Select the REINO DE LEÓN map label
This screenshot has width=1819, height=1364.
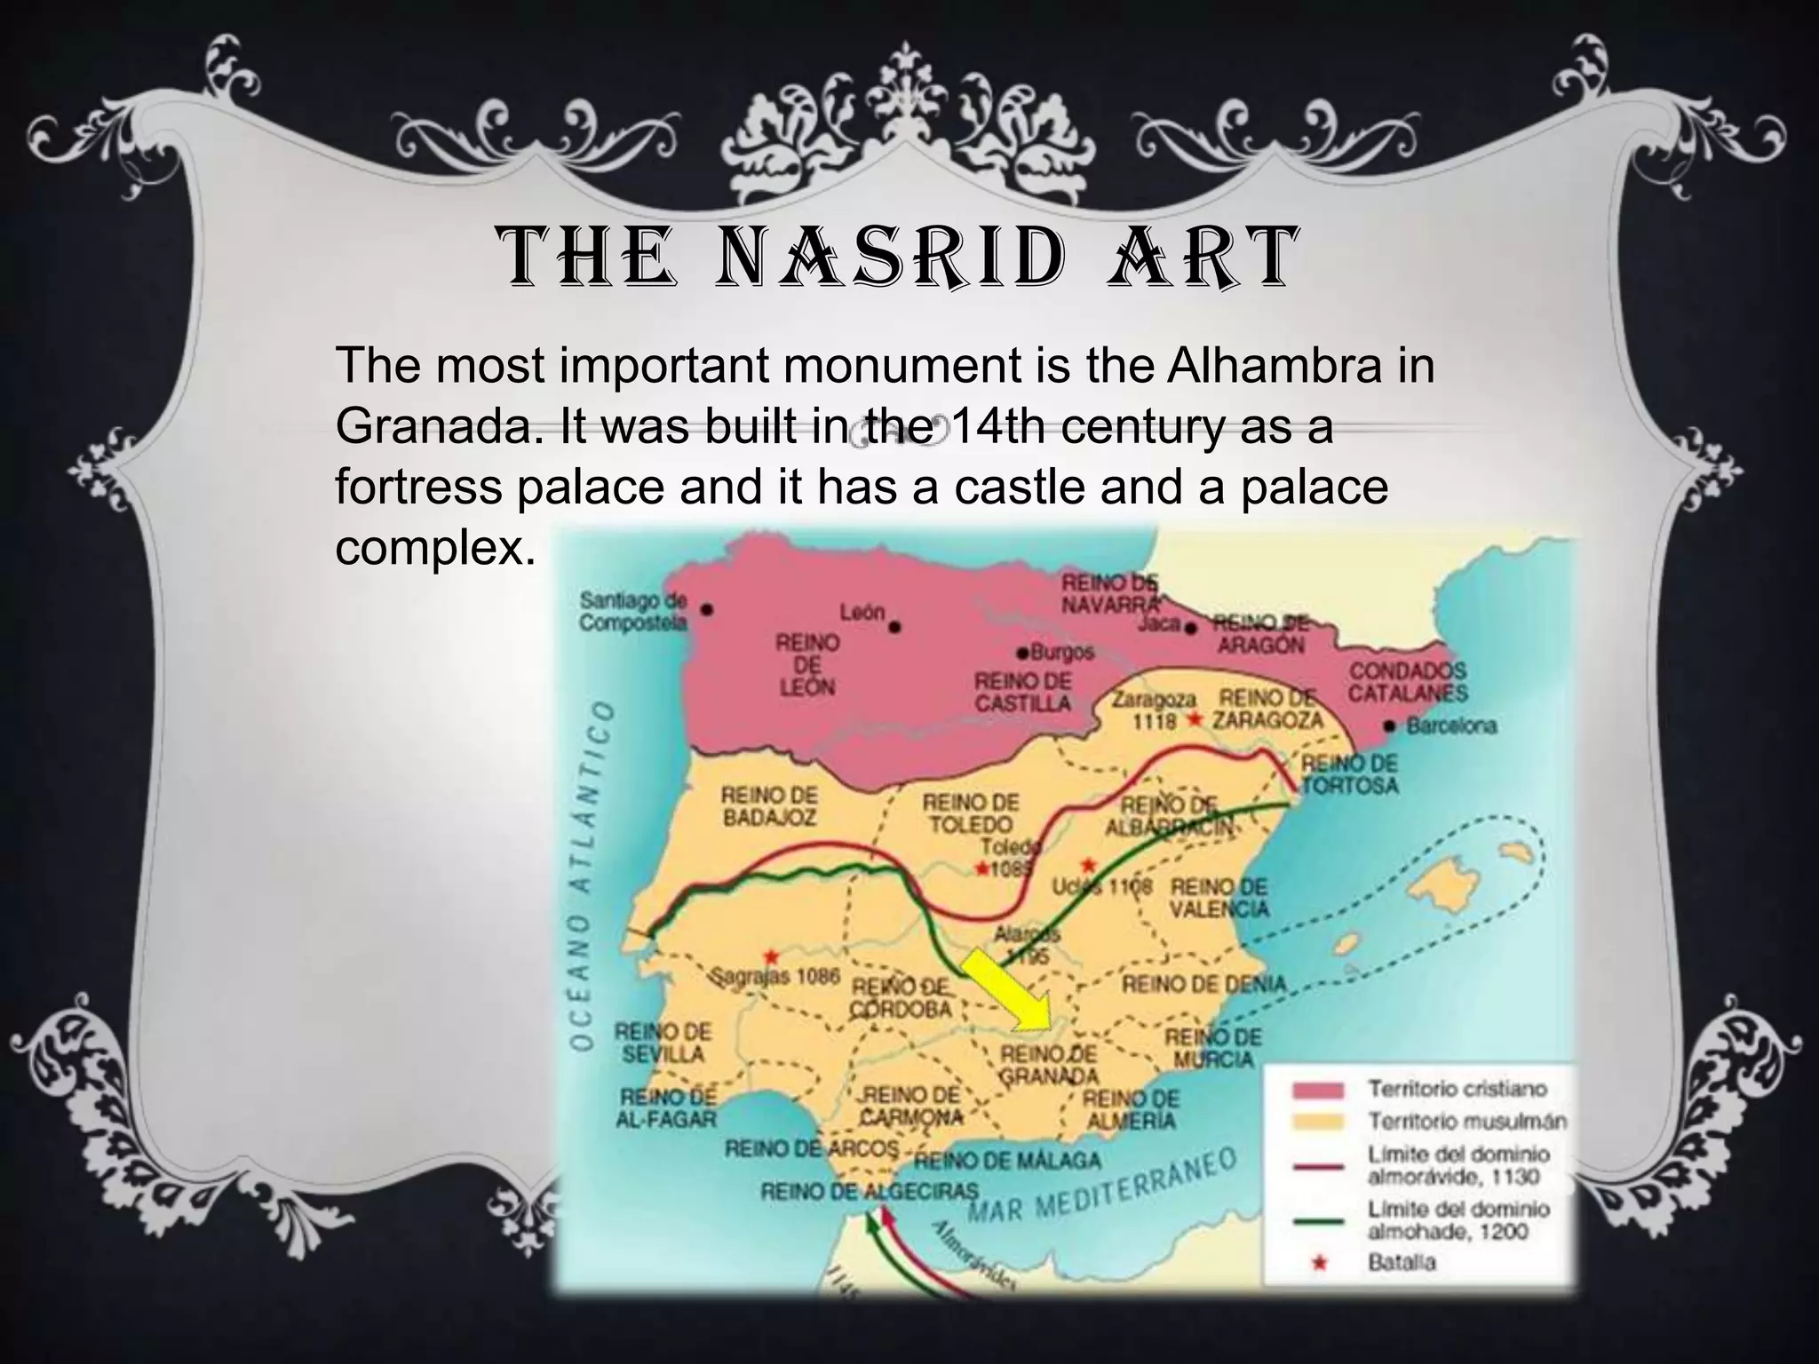[806, 663]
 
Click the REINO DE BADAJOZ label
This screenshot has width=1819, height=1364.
[769, 805]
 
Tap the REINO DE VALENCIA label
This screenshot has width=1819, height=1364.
[1219, 898]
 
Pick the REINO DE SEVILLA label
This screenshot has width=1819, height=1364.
[663, 1043]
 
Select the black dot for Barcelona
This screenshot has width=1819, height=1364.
[1390, 726]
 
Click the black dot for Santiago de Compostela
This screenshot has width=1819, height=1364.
[707, 611]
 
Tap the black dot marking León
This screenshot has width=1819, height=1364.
[895, 627]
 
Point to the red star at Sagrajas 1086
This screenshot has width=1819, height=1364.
[771, 956]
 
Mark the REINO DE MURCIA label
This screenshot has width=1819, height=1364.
[1213, 1048]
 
